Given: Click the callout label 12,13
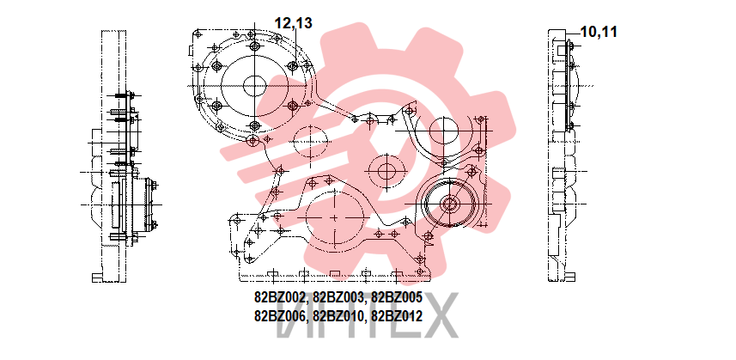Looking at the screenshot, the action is click(293, 23).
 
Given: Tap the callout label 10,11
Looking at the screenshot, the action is click(599, 32).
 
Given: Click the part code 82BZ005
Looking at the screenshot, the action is click(397, 297).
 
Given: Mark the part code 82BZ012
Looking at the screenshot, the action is click(397, 316).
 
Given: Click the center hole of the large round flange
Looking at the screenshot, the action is click(255, 86).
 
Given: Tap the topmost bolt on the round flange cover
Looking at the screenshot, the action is click(255, 46).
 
